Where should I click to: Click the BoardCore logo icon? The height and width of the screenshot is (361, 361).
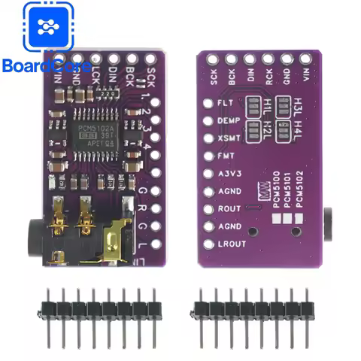click(49, 28)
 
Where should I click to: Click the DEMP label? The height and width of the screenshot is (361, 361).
click(229, 120)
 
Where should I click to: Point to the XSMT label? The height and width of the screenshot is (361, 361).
click(229, 138)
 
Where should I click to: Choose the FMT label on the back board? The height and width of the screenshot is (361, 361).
click(226, 156)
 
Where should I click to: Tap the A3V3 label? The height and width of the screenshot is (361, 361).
click(228, 174)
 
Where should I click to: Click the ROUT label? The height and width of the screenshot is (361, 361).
click(229, 208)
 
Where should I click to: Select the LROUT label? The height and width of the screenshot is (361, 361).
click(231, 244)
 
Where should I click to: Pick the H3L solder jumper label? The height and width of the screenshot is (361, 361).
click(301, 103)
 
